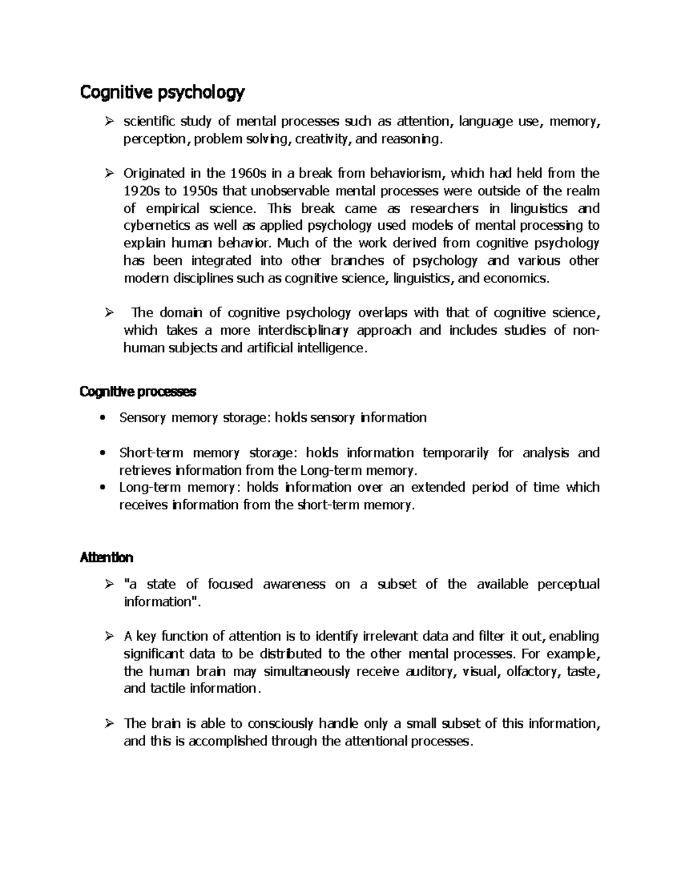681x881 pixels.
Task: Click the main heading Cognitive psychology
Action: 162,92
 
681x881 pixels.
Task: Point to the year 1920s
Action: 142,191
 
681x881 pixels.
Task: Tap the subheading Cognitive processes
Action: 138,392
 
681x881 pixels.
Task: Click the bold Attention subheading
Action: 106,558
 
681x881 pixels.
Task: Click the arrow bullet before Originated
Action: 110,173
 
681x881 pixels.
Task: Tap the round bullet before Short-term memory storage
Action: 102,453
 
